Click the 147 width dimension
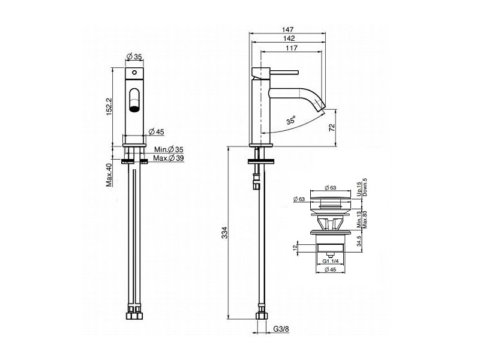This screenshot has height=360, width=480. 288,29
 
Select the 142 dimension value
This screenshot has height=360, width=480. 289,38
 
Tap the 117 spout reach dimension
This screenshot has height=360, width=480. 292,48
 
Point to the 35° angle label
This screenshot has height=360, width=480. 291,120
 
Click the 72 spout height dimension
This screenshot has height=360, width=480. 332,128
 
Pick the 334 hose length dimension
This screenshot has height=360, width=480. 225,233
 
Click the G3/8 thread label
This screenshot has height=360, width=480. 281,329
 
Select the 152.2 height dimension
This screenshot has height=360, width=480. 109,107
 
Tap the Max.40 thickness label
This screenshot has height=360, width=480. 109,175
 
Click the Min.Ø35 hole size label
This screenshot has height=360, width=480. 169,149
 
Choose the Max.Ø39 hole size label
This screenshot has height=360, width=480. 169,158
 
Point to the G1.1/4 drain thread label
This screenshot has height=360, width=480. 331,261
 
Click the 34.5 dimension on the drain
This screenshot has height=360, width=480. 359,241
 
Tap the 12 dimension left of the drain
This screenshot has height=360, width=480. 295,247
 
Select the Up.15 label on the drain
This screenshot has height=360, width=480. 359,190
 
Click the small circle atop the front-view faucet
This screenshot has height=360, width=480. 134,73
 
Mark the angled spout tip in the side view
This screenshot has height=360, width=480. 320,106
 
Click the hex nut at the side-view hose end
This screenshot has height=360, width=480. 262,316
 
